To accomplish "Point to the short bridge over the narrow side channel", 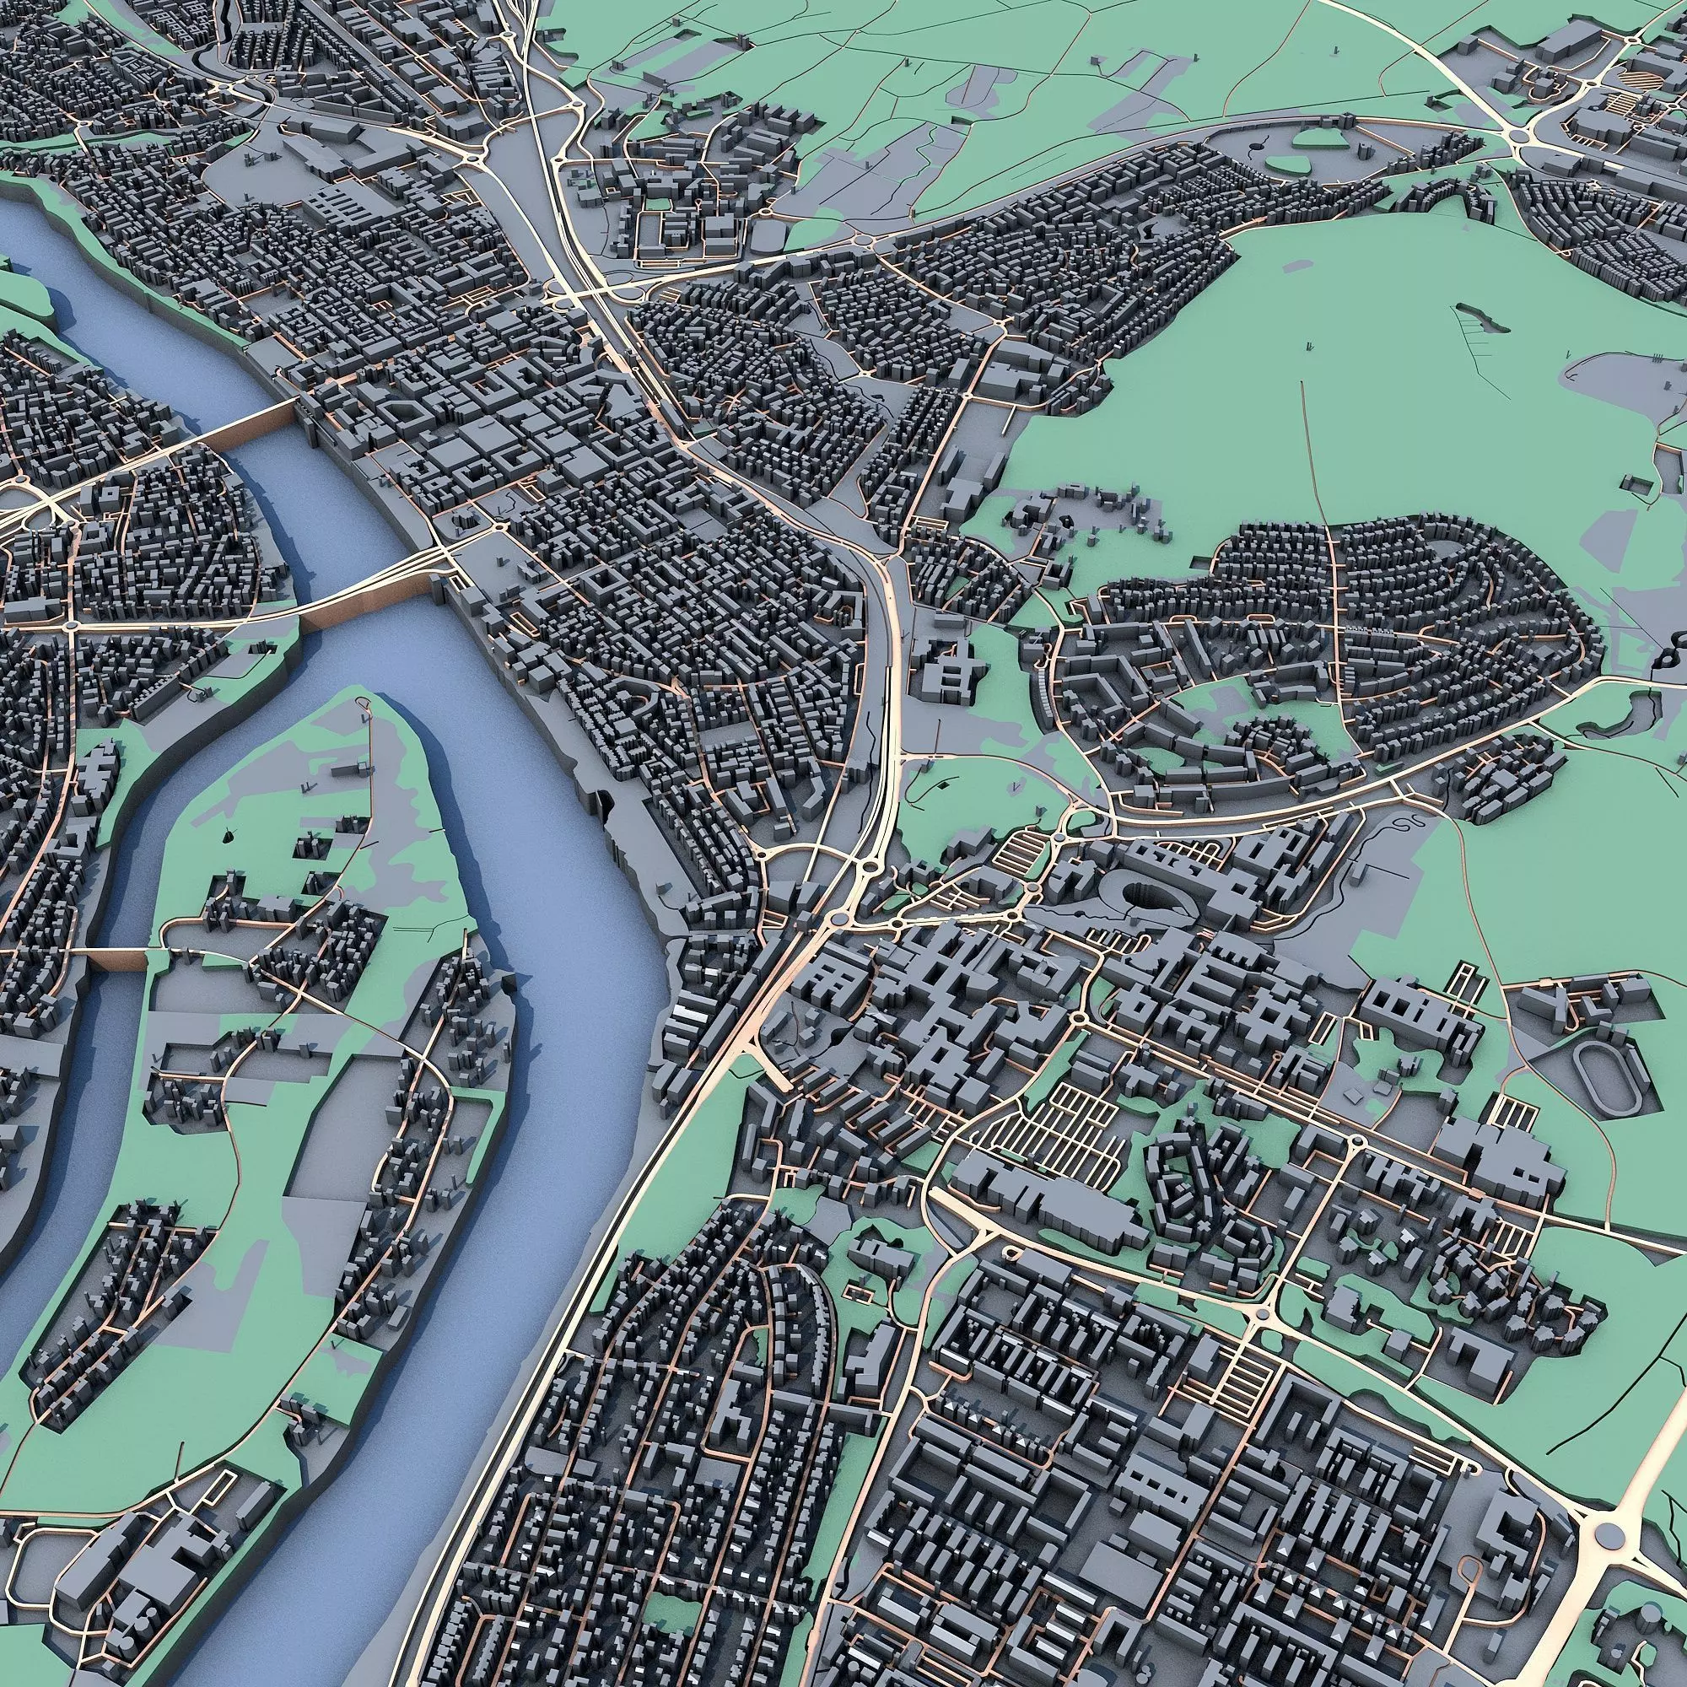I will pos(118,959).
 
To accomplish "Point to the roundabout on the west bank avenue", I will pos(70,625).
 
